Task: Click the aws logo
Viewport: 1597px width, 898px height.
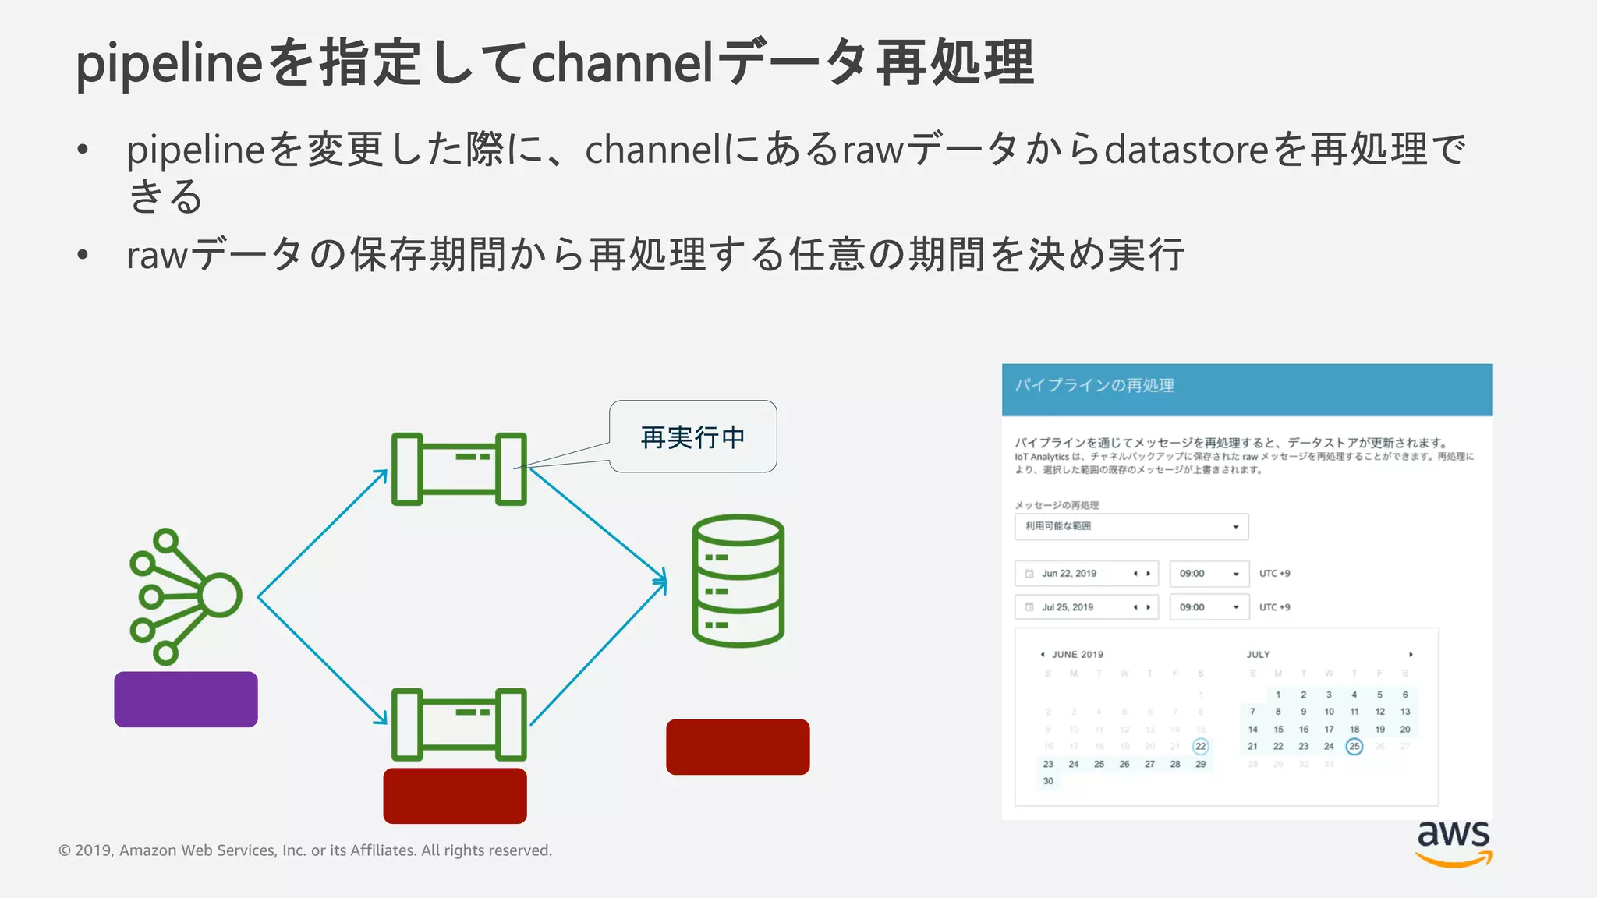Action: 1454,843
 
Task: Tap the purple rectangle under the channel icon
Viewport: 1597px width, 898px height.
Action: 186,699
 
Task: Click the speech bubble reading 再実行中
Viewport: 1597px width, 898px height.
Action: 693,437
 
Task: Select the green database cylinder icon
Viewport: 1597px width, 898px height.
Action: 738,581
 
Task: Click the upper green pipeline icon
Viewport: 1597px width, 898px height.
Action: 459,469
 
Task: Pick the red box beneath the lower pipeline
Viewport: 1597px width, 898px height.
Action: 455,796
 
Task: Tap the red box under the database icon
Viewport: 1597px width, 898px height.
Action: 738,747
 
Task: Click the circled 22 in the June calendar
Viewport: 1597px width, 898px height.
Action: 1200,747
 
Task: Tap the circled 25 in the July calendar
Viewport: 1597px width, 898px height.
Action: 1354,747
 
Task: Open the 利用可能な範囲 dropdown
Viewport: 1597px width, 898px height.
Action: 1131,527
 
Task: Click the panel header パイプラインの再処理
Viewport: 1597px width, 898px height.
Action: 1094,386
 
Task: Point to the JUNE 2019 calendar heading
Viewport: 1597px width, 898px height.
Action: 1077,655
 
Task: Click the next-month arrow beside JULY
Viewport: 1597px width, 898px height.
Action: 1411,655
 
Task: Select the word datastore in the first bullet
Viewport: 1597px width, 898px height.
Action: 1186,149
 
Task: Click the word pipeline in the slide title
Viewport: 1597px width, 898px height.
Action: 168,64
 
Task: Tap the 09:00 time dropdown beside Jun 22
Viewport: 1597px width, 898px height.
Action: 1209,574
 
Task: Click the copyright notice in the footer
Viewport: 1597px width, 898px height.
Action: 305,850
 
